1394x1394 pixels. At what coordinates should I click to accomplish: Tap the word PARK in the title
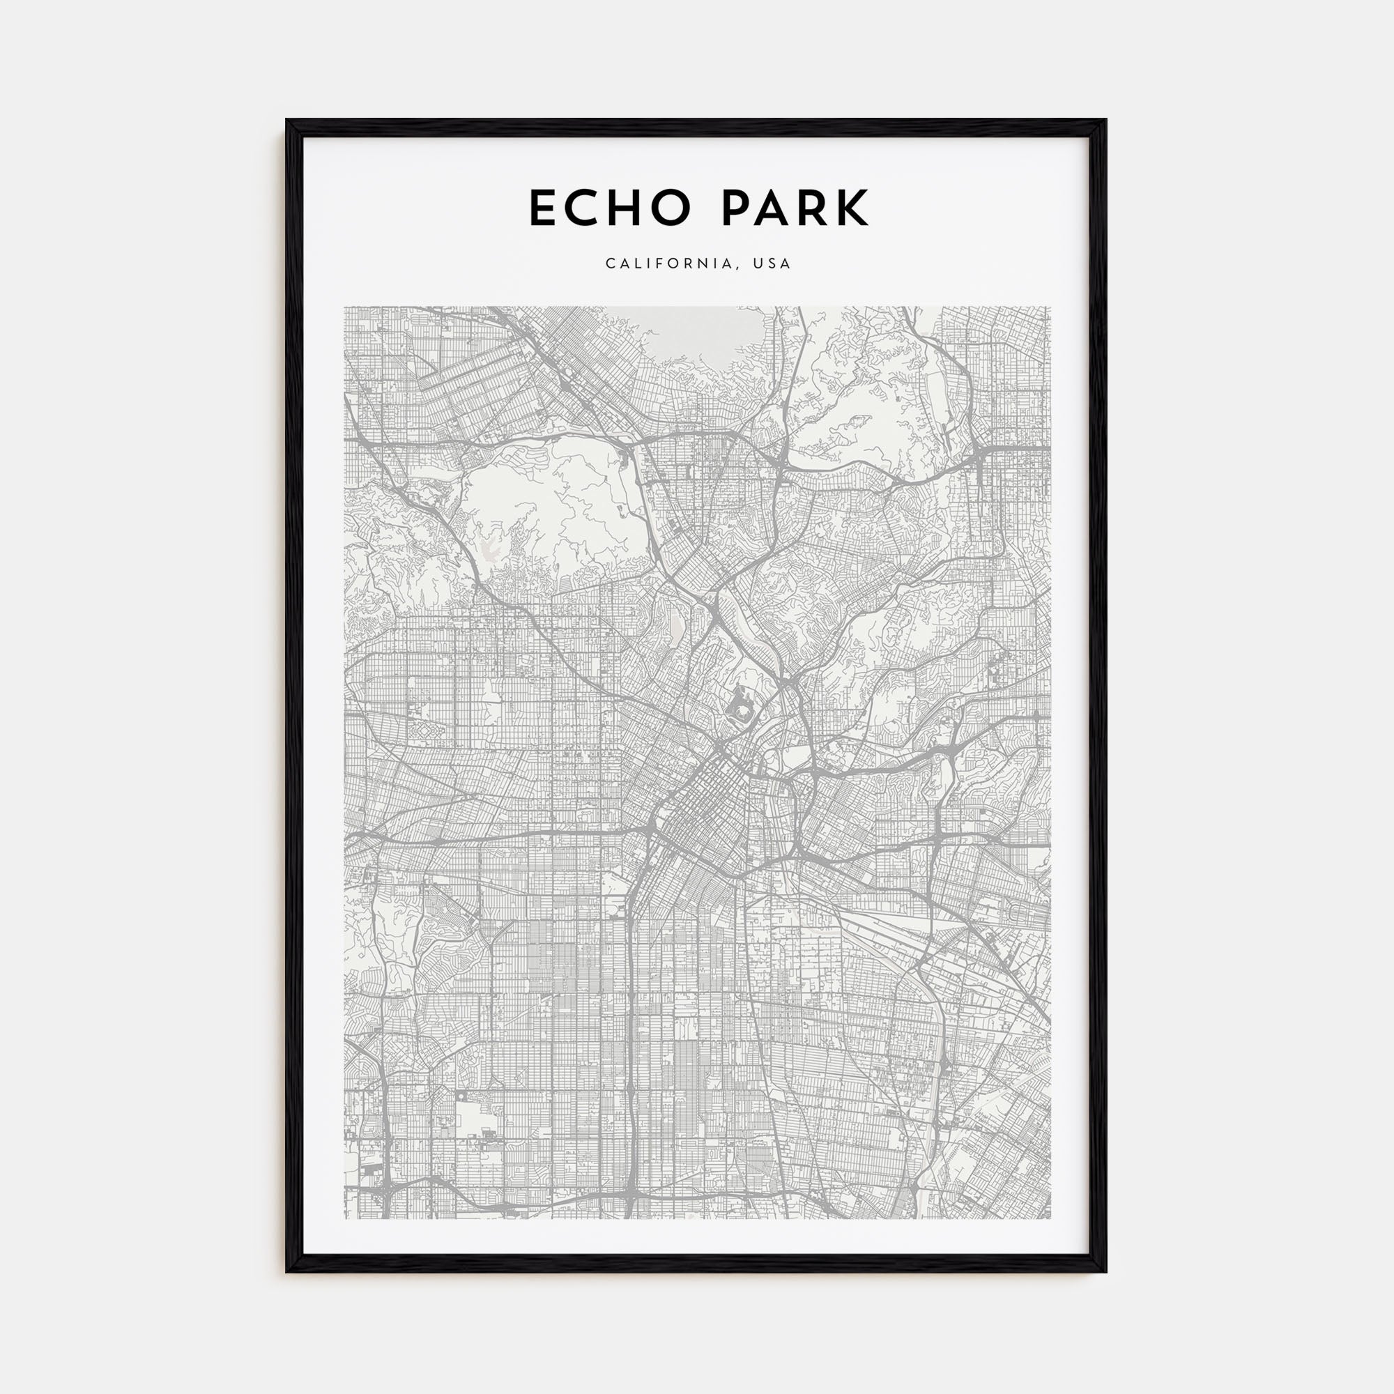click(x=795, y=208)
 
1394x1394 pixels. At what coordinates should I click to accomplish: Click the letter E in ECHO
click(x=544, y=208)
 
